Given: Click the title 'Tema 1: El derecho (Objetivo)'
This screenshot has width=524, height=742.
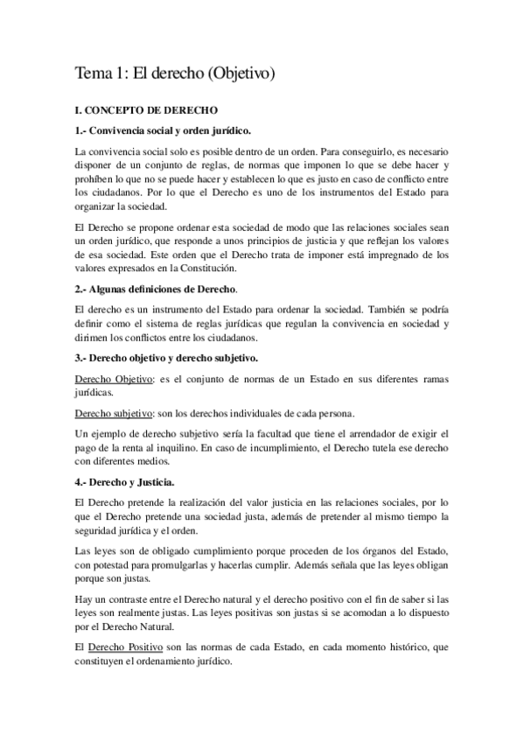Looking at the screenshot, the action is pos(175,75).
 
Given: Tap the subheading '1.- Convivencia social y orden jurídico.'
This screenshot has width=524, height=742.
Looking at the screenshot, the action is pos(164,131).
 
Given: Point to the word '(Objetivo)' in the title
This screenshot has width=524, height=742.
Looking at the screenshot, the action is pos(239,75).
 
